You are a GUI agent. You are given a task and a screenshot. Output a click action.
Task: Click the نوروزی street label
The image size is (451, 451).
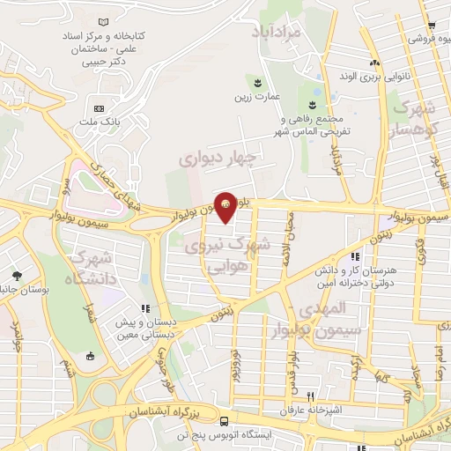(235, 363)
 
